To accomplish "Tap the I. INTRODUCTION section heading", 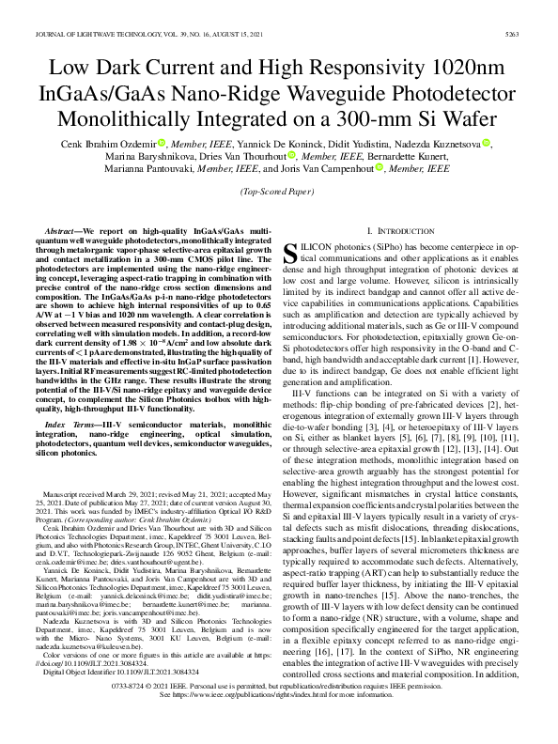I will click(395, 230).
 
